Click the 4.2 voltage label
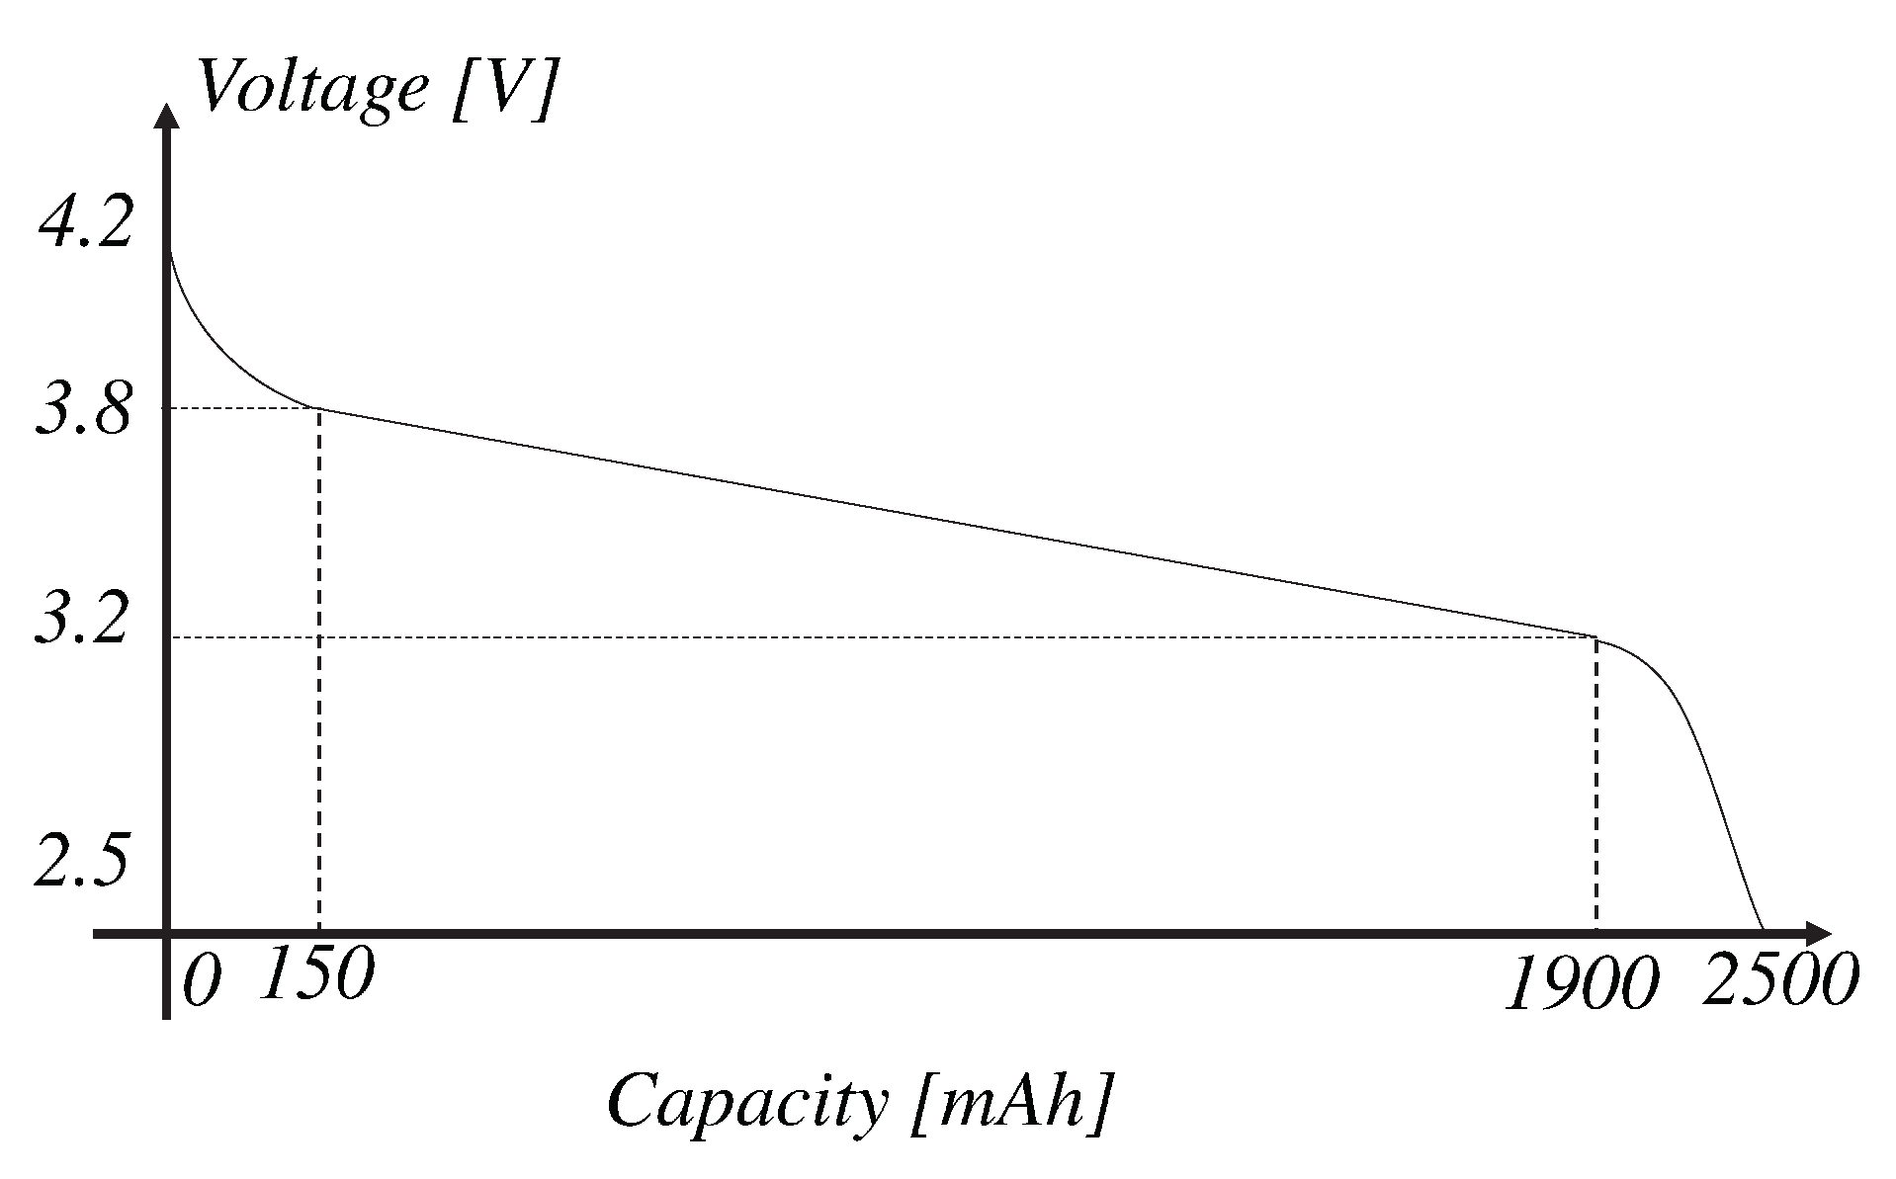85,223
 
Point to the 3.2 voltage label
83,620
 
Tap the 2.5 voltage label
83,859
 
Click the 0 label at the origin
202,983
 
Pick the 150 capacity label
317,973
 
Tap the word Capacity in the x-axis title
747,1100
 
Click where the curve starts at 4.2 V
171,250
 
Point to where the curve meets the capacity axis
1763,929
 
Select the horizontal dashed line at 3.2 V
890,637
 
